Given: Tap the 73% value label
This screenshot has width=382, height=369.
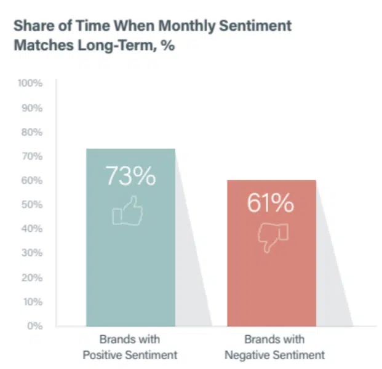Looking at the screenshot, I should point(130,177).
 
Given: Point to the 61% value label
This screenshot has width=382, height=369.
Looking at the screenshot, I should point(271,202).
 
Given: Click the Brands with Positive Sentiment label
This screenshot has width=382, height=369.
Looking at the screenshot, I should point(130,347).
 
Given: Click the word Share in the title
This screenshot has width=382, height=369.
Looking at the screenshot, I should point(32,26).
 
